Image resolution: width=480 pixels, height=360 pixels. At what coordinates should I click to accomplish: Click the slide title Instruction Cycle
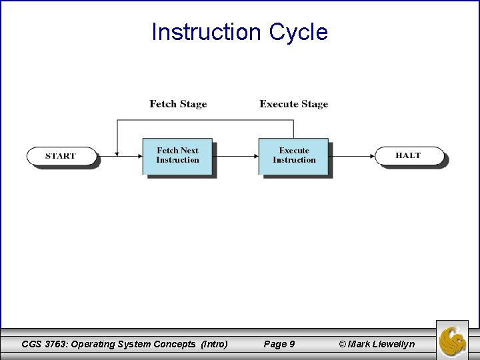pyautogui.click(x=239, y=31)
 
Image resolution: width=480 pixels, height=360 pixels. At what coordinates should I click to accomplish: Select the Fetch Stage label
pyautogui.click(x=178, y=104)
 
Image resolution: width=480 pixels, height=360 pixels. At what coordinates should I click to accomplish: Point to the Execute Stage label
pyautogui.click(x=293, y=104)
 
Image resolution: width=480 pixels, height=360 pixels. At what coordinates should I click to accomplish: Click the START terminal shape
pyautogui.click(x=61, y=156)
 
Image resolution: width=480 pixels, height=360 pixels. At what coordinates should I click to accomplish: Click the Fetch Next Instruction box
pyautogui.click(x=177, y=156)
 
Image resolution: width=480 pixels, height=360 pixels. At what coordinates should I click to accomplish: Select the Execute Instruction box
pyautogui.click(x=293, y=156)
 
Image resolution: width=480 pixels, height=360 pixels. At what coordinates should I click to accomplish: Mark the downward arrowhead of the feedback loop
pyautogui.click(x=117, y=153)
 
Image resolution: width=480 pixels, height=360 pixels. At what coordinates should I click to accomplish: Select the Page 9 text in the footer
pyautogui.click(x=279, y=344)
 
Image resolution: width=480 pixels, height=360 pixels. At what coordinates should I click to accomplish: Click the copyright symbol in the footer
pyautogui.click(x=343, y=344)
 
